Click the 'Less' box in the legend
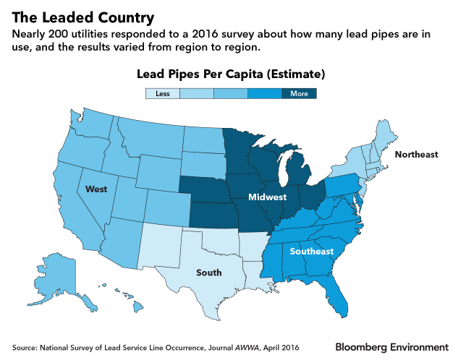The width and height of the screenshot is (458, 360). (161, 93)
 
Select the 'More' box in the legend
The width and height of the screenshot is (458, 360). (299, 93)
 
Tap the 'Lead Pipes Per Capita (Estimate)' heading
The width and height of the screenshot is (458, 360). (230, 74)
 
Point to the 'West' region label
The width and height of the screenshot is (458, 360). (97, 189)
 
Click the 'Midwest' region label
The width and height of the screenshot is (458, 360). (267, 197)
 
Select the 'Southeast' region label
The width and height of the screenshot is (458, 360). (312, 252)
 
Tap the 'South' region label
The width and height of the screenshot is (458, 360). (209, 273)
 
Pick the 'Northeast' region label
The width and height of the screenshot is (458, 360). (416, 155)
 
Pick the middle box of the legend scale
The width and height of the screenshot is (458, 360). (230, 93)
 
